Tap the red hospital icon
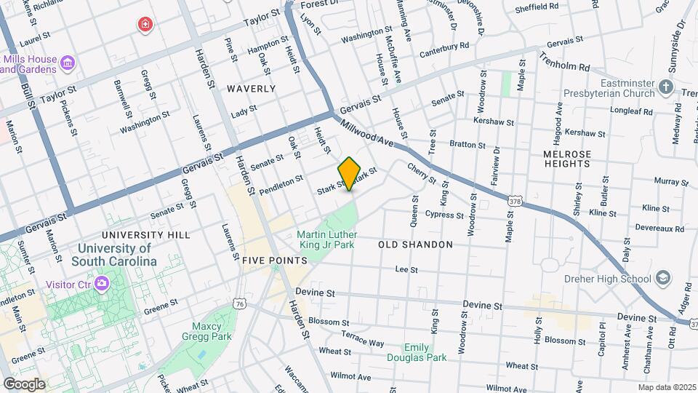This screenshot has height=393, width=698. click(x=146, y=25)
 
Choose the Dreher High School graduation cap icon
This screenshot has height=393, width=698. click(x=662, y=278)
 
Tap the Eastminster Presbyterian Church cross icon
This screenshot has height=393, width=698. click(x=665, y=88)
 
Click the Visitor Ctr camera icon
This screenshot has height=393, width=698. click(x=103, y=283)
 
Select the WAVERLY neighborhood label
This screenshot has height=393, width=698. click(x=251, y=89)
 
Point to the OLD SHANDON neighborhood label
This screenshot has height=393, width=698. click(x=415, y=245)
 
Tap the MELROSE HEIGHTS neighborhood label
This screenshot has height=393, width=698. click(x=566, y=159)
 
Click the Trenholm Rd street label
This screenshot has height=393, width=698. click(x=564, y=65)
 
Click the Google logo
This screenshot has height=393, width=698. click(x=25, y=384)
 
